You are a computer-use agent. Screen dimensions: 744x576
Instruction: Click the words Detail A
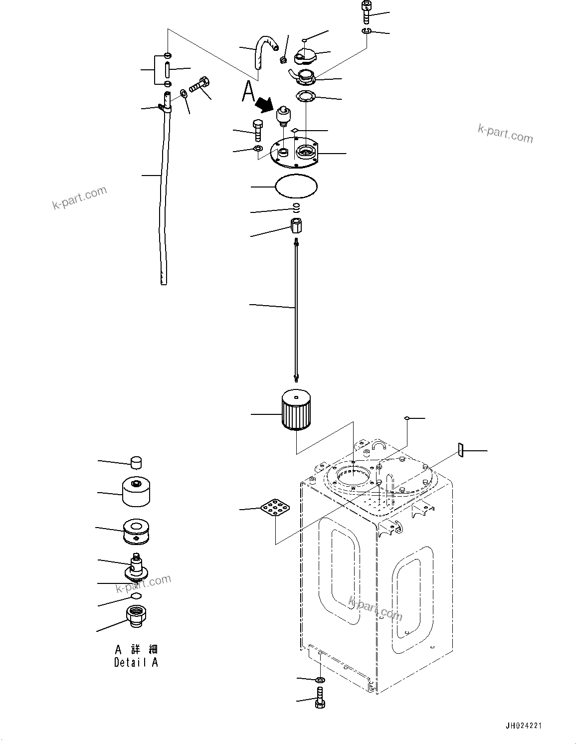point(136,663)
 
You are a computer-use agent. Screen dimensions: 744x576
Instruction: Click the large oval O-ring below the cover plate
point(296,186)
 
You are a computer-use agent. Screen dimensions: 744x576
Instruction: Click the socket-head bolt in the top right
point(366,12)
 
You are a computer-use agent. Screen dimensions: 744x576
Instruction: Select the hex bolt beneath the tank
point(320,697)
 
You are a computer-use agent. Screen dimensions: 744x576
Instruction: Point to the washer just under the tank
point(320,680)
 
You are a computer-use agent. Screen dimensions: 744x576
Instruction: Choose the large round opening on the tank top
point(353,476)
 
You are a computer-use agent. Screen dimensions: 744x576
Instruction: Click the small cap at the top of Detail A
point(136,462)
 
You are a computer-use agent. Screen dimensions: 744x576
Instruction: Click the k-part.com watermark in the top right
point(505,133)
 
